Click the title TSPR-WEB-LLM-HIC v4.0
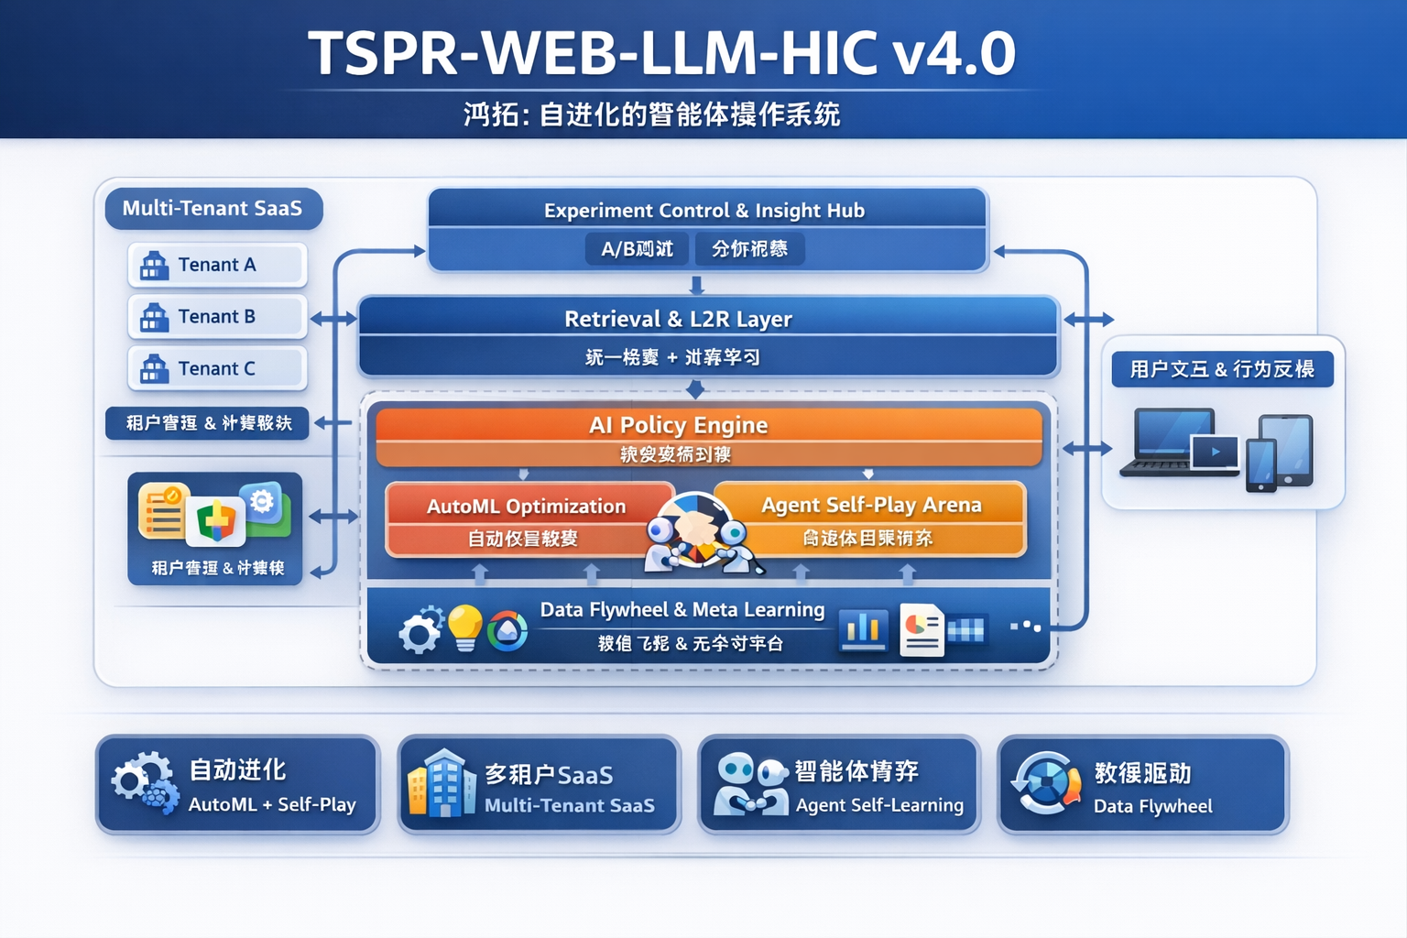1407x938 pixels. point(661,53)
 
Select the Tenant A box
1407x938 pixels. point(217,265)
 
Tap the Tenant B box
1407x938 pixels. point(217,317)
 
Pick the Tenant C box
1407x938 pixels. point(217,369)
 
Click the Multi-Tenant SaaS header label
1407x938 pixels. point(213,209)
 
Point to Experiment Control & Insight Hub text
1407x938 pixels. point(703,211)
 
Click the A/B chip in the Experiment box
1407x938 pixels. point(637,249)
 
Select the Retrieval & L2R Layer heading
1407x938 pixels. point(678,319)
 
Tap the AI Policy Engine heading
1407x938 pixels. point(678,425)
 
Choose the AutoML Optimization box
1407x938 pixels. point(526,519)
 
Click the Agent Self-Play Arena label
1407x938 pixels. point(870,505)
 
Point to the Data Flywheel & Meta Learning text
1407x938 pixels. point(682,610)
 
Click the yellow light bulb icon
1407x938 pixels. point(464,627)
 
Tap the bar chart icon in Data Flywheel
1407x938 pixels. point(863,630)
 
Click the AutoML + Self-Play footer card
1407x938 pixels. point(238,785)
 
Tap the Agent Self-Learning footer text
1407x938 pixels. point(879,805)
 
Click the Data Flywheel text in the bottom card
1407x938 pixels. point(1152,806)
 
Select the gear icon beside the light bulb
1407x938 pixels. point(420,630)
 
